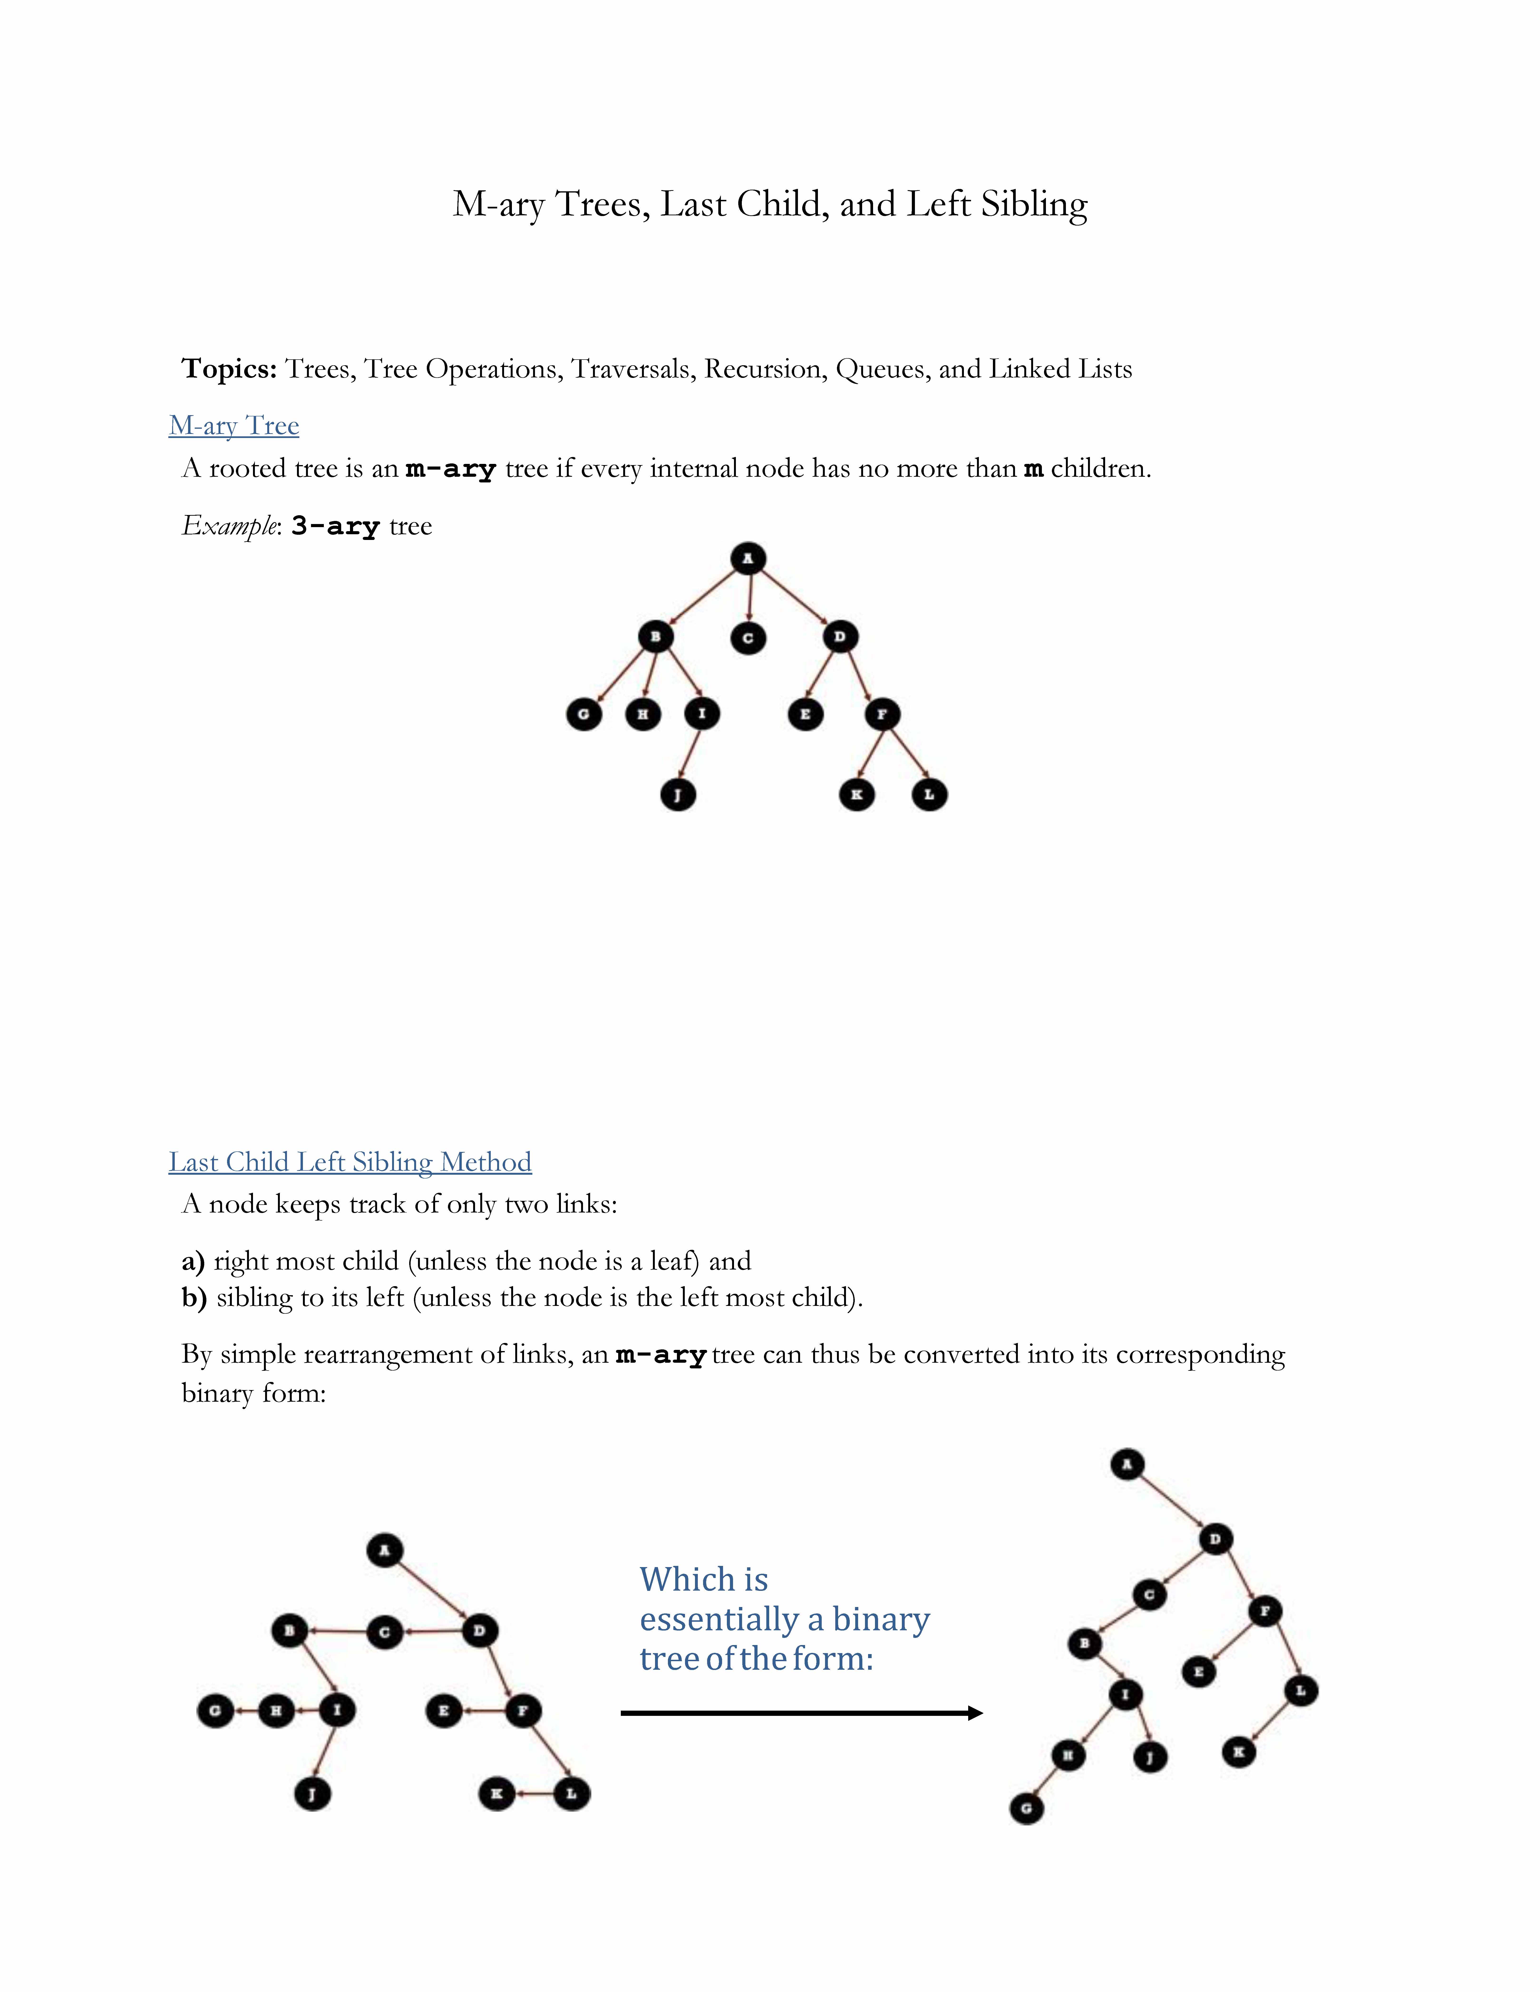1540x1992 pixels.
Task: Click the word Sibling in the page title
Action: point(1034,204)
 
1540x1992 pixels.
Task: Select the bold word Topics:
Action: point(229,369)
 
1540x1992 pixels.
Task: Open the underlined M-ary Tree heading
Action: point(233,426)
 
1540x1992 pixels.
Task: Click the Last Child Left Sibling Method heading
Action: point(350,1162)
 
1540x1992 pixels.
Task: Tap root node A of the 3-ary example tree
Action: point(748,558)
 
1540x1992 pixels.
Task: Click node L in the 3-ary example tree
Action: point(929,794)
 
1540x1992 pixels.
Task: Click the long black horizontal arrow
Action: point(801,1713)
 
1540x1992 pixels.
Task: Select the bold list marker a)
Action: point(193,1261)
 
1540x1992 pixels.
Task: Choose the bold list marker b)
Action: point(193,1298)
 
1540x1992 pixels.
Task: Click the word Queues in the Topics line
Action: point(882,369)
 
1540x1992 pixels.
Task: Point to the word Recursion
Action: point(764,369)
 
